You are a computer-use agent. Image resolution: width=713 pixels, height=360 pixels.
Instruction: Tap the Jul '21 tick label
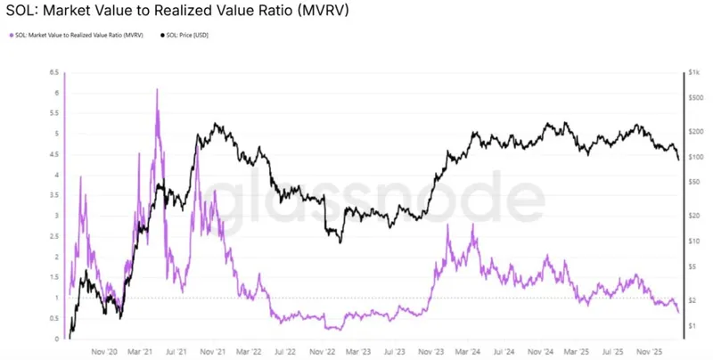(x=176, y=351)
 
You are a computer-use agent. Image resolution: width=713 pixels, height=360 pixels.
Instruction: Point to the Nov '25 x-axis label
(x=645, y=351)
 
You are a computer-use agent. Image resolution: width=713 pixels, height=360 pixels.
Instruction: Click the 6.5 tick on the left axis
(x=56, y=72)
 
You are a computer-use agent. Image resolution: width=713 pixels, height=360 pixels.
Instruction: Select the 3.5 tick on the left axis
(x=56, y=195)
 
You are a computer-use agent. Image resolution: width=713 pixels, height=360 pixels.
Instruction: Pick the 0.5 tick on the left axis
(x=56, y=318)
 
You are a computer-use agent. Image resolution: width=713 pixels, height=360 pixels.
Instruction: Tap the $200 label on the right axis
(x=696, y=131)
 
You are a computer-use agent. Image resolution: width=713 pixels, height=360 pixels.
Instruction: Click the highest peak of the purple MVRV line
(x=157, y=89)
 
